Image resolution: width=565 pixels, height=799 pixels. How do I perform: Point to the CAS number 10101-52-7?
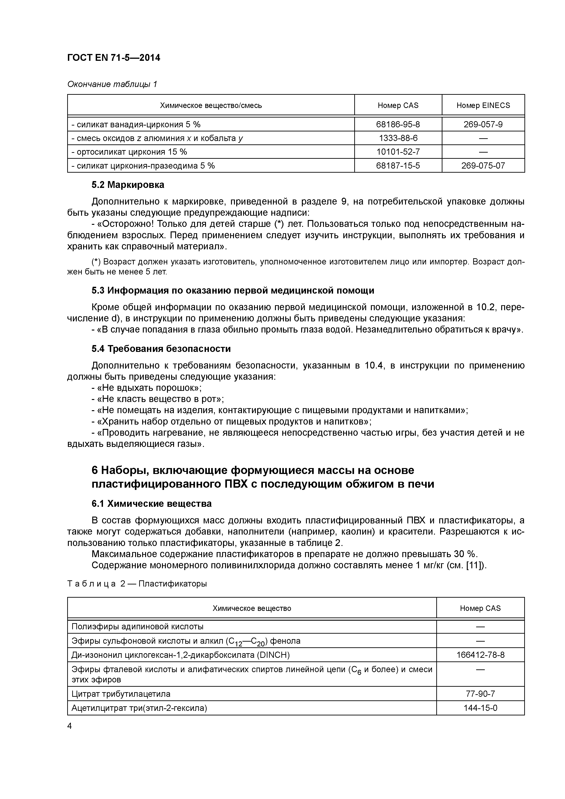398,152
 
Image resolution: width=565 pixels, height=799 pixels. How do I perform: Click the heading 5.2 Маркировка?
128,185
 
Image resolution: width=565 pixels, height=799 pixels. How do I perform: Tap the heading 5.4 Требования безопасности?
161,349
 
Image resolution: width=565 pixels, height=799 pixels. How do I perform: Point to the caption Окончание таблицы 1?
112,84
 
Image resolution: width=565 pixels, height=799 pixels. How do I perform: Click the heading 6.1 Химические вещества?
152,504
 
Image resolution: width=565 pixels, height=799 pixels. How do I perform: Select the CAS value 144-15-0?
480,708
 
